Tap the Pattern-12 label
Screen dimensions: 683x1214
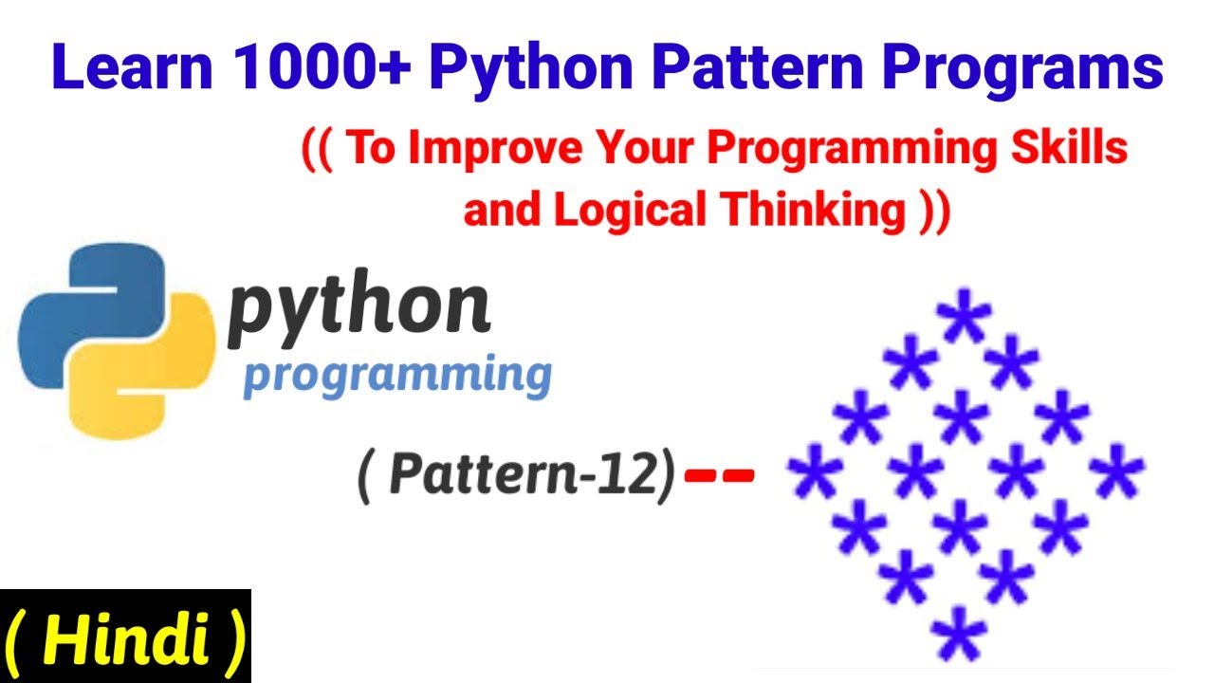(x=516, y=475)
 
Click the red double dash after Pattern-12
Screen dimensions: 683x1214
(x=720, y=474)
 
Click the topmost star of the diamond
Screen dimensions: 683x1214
(x=964, y=320)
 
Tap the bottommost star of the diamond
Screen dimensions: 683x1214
(x=960, y=633)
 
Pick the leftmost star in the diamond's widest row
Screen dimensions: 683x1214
(x=814, y=474)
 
